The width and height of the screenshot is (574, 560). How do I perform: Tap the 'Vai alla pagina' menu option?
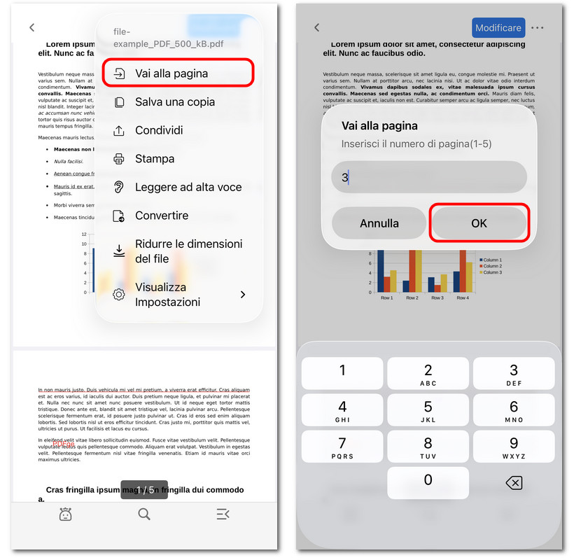178,73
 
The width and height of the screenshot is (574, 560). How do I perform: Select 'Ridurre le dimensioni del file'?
178,251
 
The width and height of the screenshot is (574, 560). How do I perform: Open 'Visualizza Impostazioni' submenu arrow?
243,295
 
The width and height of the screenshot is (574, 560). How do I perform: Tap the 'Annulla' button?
379,223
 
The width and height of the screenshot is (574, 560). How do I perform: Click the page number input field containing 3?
428,178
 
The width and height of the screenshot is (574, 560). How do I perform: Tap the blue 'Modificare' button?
498,28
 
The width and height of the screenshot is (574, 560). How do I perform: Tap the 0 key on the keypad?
428,482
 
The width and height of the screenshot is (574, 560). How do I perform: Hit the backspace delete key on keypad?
514,482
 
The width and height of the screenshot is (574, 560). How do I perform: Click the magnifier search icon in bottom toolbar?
144,514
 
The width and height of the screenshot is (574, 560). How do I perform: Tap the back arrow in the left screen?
32,28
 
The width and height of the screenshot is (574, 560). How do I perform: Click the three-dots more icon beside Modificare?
538,28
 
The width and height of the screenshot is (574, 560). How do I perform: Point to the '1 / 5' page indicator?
144,489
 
